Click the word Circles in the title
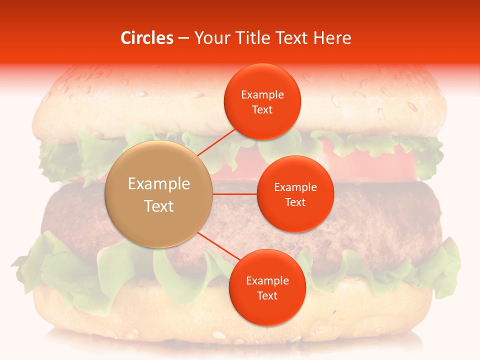[x=146, y=38]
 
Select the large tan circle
[x=159, y=194]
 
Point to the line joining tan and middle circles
[x=235, y=194]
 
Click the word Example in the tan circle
[x=159, y=184]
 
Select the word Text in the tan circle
[x=159, y=206]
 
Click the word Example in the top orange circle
[x=262, y=95]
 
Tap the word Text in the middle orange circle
[x=295, y=202]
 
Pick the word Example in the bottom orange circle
[x=267, y=280]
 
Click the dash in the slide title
[x=183, y=38]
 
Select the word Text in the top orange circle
[x=262, y=109]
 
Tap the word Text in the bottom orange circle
[x=267, y=295]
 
